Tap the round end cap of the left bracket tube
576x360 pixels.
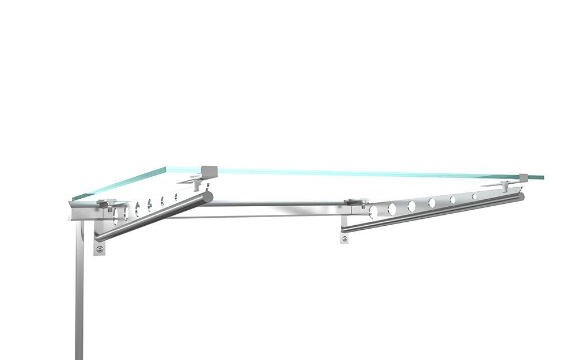click(208, 196)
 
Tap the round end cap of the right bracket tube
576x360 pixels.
click(521, 196)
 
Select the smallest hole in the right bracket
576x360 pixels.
click(475, 197)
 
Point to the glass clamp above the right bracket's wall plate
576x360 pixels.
click(352, 202)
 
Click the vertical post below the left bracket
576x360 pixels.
click(79, 300)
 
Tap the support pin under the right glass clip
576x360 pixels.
click(506, 185)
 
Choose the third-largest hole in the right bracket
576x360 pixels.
click(412, 206)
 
